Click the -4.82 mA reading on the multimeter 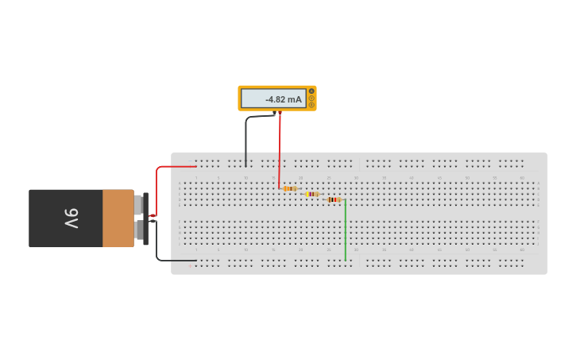[x=283, y=99]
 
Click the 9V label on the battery [x=71, y=218]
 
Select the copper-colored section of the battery [x=118, y=218]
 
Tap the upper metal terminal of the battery [x=138, y=205]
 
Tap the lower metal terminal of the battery [x=138, y=230]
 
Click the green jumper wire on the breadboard [x=345, y=230]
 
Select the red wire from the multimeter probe [x=279, y=151]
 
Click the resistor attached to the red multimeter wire [x=290, y=189]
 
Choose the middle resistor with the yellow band [x=312, y=194]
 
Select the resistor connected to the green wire [x=334, y=199]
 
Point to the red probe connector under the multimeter [x=279, y=113]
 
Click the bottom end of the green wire [x=345, y=260]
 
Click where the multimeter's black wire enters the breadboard [x=245, y=165]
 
